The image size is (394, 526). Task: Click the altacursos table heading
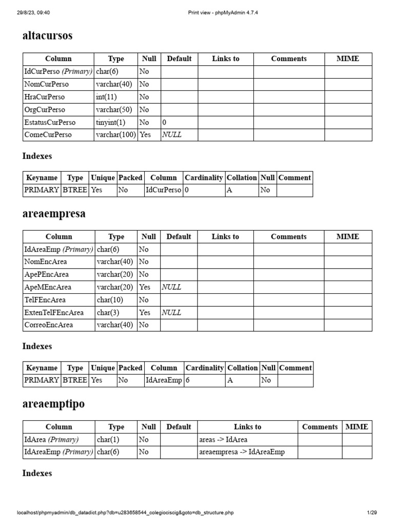[x=47, y=35]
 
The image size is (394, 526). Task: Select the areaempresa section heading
[x=54, y=214]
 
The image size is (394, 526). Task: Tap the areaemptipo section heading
[x=53, y=404]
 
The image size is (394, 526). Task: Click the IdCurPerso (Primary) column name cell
[x=58, y=71]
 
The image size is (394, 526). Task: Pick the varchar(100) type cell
[x=116, y=135]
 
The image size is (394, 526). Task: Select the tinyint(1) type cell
[x=110, y=122]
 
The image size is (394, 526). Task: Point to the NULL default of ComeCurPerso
[x=172, y=135]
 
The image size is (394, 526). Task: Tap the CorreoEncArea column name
[x=49, y=325]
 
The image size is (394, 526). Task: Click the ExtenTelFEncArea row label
[x=54, y=312]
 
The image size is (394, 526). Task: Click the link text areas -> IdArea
[x=223, y=440]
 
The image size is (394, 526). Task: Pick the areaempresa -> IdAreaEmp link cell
[x=241, y=452]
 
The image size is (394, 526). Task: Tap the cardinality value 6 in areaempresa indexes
[x=188, y=381]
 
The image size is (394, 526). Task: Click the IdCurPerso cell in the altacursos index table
[x=163, y=190]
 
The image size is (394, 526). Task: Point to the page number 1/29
[x=371, y=513]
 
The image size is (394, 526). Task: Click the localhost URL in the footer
[x=126, y=513]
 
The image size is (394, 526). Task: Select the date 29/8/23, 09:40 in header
[x=33, y=12]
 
